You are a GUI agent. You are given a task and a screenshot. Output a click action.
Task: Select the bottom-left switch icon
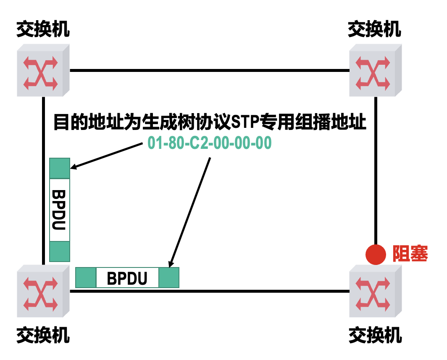42,291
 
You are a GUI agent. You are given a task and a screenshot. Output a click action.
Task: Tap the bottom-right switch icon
375,291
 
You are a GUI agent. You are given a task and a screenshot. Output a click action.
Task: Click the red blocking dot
376,254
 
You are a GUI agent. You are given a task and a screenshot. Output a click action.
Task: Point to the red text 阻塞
410,254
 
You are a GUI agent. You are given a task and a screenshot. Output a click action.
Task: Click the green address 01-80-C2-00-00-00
210,143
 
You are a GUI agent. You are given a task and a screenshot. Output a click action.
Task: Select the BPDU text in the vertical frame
59,210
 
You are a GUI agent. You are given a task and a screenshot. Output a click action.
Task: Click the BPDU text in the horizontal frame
127,278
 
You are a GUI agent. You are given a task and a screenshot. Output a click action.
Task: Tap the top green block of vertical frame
59,168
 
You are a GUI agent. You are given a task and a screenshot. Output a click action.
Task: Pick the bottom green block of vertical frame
59,251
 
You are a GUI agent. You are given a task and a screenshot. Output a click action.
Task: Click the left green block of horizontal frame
86,278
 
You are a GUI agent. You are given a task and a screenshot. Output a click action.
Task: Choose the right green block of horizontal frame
169,278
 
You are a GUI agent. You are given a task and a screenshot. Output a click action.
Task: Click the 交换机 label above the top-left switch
43,30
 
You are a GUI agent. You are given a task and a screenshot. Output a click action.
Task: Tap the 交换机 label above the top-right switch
375,30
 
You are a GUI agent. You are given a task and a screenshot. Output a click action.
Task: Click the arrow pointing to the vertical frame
107,156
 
